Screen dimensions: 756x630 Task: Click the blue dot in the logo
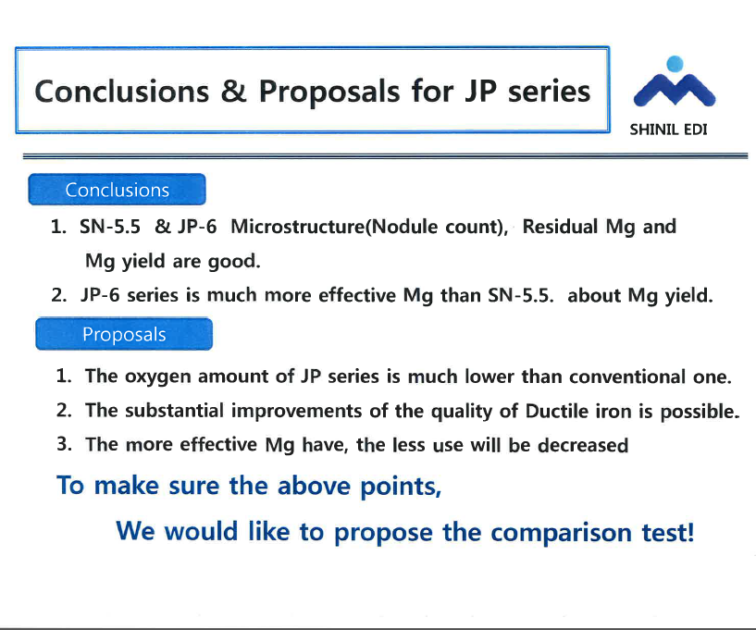675,64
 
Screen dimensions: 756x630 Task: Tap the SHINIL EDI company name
668,130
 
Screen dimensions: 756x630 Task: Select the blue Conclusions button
118,190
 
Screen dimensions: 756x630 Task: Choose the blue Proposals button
124,334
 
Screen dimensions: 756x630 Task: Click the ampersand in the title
234,91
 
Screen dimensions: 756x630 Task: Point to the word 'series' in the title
549,92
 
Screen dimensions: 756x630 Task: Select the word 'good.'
234,261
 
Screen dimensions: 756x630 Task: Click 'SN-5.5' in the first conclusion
110,227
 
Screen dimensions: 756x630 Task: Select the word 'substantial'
174,411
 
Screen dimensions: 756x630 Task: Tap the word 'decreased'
583,445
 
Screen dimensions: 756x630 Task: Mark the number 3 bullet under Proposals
64,444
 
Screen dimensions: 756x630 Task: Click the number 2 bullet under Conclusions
59,295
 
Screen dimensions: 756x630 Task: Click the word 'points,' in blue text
401,487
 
